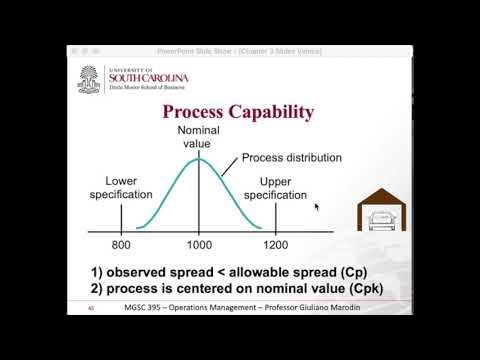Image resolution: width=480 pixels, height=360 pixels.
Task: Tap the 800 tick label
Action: (120, 244)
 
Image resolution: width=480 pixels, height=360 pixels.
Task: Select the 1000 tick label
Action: (199, 244)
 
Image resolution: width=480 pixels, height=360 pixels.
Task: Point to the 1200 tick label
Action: (275, 244)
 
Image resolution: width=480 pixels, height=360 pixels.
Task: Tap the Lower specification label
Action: (121, 188)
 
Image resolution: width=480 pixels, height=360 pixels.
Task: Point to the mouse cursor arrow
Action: (317, 206)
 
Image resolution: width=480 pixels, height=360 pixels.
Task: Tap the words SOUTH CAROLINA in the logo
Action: (138, 76)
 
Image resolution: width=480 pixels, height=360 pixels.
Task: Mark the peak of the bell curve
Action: (199, 156)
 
